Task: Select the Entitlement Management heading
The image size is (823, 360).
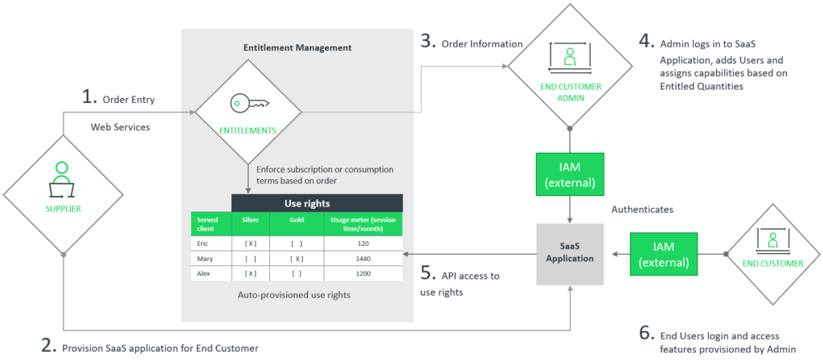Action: coord(297,48)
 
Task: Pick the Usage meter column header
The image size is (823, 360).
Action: coord(362,223)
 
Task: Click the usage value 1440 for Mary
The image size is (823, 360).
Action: coord(362,258)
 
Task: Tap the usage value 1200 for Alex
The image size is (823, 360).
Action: coord(362,273)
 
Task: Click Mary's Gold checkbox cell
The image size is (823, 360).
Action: coord(297,258)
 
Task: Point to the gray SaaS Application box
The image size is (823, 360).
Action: coord(570,253)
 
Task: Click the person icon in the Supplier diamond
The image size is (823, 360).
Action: coord(63,174)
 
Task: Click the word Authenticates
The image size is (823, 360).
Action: coord(641,207)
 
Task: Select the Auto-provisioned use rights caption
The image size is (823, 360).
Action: coord(295,294)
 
